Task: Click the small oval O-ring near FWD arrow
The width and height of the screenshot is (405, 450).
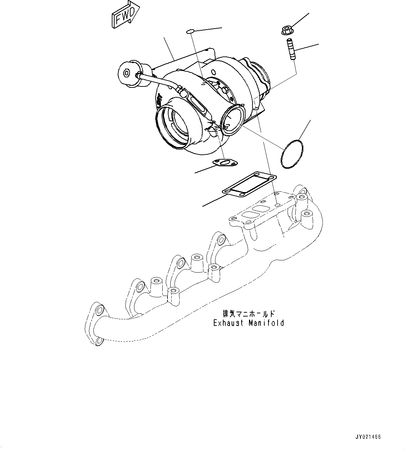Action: [x=190, y=32]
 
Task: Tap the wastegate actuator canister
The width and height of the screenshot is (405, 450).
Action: [x=129, y=73]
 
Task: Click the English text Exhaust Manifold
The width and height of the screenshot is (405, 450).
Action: [x=248, y=323]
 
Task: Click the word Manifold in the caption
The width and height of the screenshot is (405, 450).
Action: [x=266, y=323]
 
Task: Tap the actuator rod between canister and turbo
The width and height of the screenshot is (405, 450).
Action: [x=160, y=81]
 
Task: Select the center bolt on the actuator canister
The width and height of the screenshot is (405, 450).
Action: [x=127, y=73]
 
